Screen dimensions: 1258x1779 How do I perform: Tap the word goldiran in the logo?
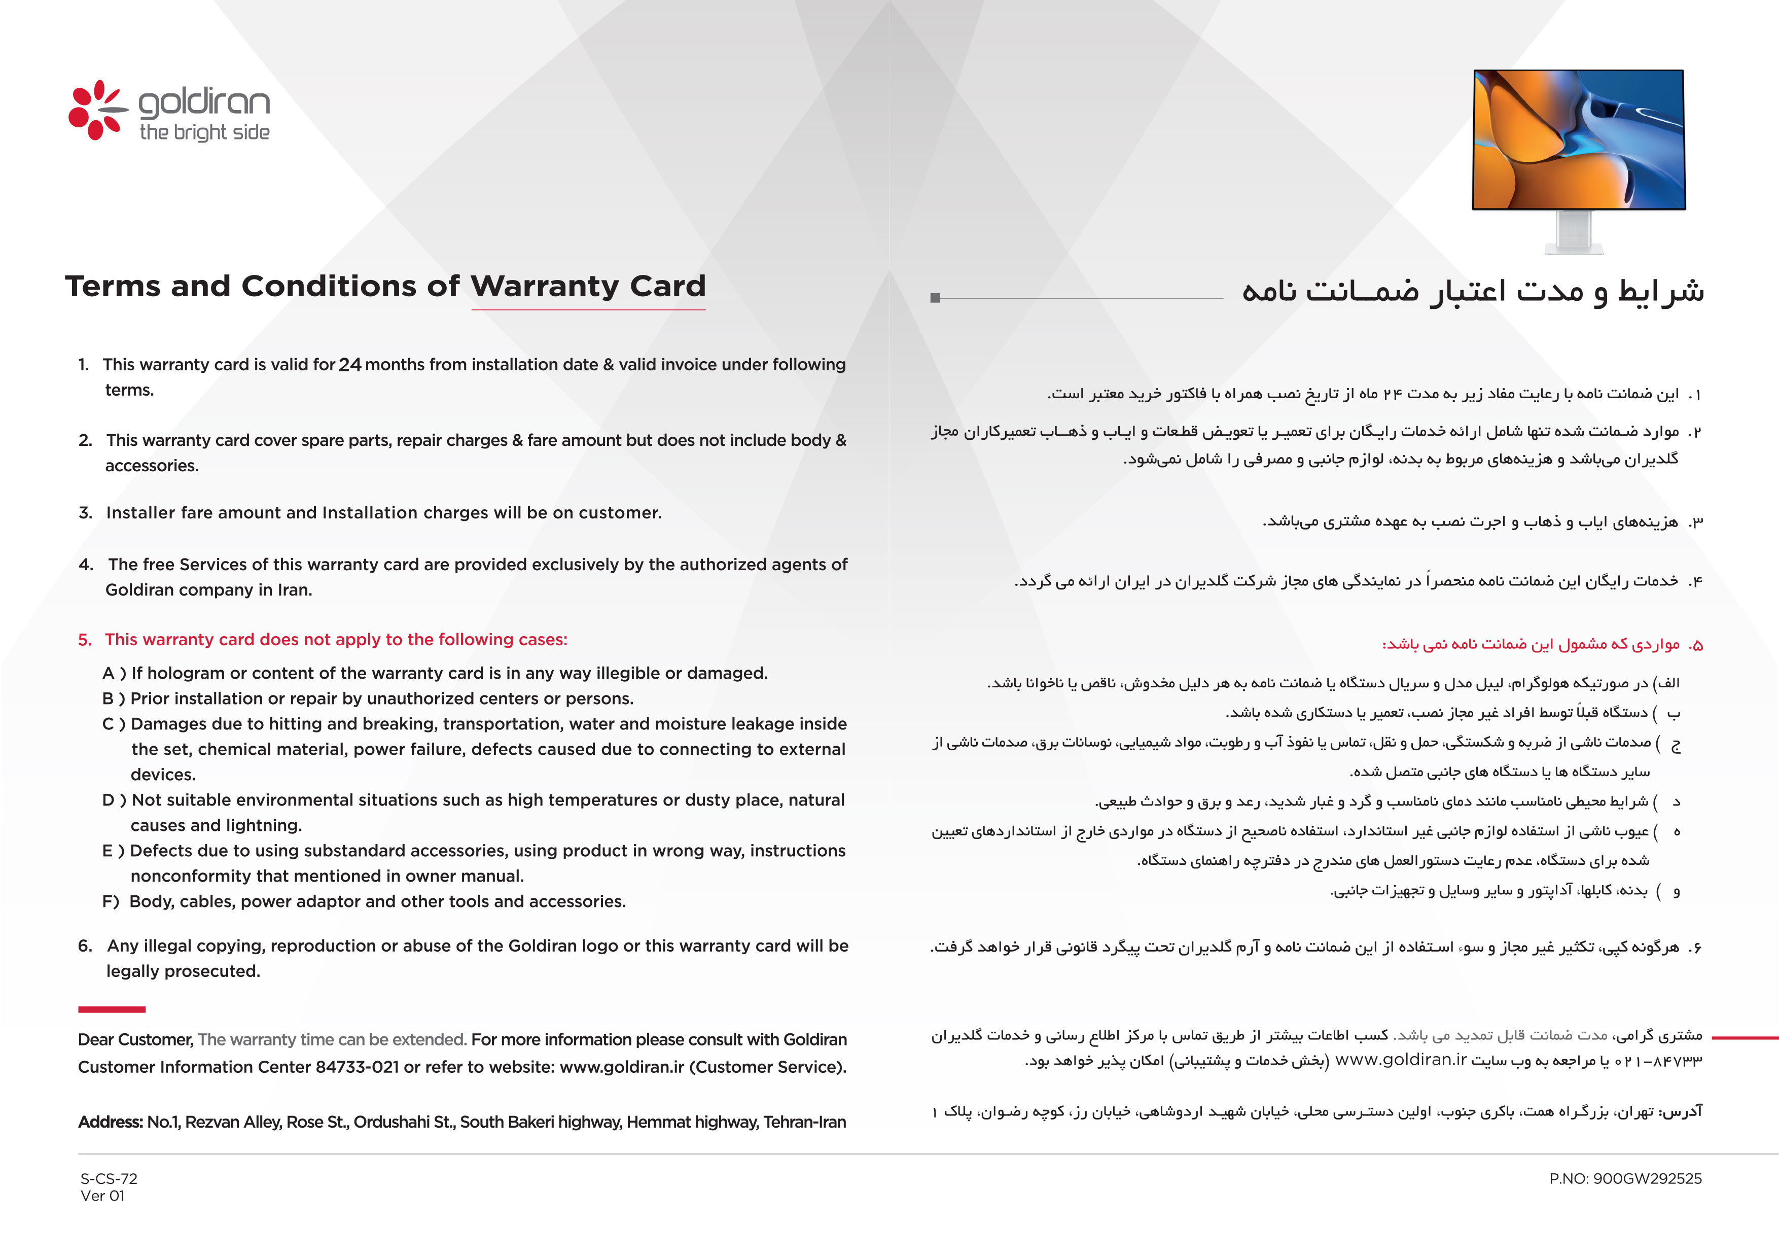coord(204,103)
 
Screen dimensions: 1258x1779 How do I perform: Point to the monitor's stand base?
coord(1574,248)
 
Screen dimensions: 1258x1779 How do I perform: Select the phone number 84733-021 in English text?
coord(357,1067)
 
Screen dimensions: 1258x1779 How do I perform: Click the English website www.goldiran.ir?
coord(621,1067)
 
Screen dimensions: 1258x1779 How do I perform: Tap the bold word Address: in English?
coord(110,1123)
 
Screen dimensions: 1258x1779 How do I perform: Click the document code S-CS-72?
coord(109,1179)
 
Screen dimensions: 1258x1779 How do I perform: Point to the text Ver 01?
coord(102,1196)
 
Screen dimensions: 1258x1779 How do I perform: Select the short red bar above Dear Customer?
coord(112,1009)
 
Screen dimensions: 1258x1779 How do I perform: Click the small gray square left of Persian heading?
coord(935,298)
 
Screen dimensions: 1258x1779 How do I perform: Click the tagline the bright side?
coord(204,132)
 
